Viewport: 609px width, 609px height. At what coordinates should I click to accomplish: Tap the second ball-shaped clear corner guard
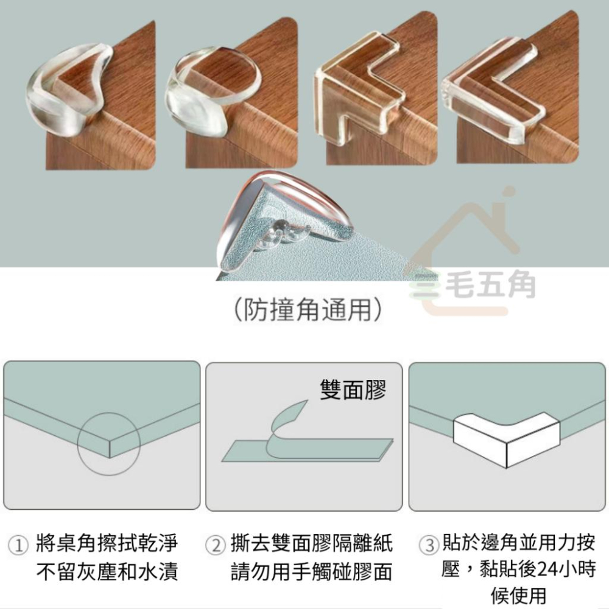pyautogui.click(x=210, y=91)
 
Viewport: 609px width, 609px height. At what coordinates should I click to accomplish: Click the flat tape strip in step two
pyautogui.click(x=304, y=451)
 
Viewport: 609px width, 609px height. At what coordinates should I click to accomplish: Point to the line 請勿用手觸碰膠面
pyautogui.click(x=311, y=572)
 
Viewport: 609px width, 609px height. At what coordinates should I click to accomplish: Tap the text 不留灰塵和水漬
pyautogui.click(x=107, y=572)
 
